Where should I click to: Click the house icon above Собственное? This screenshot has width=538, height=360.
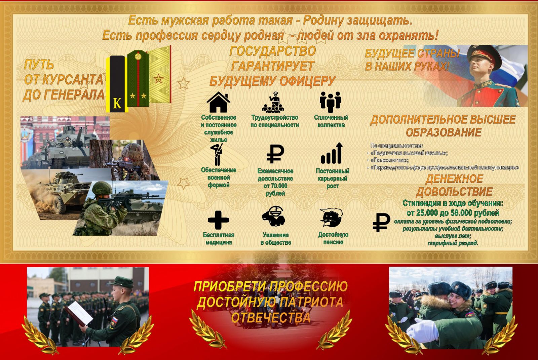pos(218,102)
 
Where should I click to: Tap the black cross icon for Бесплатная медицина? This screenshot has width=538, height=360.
pos(218,220)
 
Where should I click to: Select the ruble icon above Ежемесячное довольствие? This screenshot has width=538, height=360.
pos(275,154)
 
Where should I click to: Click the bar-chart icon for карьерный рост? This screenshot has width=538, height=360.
pos(332,153)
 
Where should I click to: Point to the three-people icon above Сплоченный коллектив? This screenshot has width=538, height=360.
pos(330,102)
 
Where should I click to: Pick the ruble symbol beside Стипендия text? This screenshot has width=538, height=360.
pos(381,223)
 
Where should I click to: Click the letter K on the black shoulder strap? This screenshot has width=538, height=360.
pos(117,103)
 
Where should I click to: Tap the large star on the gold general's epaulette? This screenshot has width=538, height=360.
pos(158,79)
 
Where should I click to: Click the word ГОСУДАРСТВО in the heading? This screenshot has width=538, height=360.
pos(273,51)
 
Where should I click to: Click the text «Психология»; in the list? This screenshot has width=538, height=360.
pos(390,160)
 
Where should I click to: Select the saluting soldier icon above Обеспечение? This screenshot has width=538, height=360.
pos(218,154)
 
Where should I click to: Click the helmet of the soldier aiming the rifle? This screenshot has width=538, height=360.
pos(102,188)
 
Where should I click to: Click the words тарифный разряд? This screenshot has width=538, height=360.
pos(453,243)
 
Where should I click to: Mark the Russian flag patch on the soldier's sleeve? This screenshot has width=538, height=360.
pos(115,320)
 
